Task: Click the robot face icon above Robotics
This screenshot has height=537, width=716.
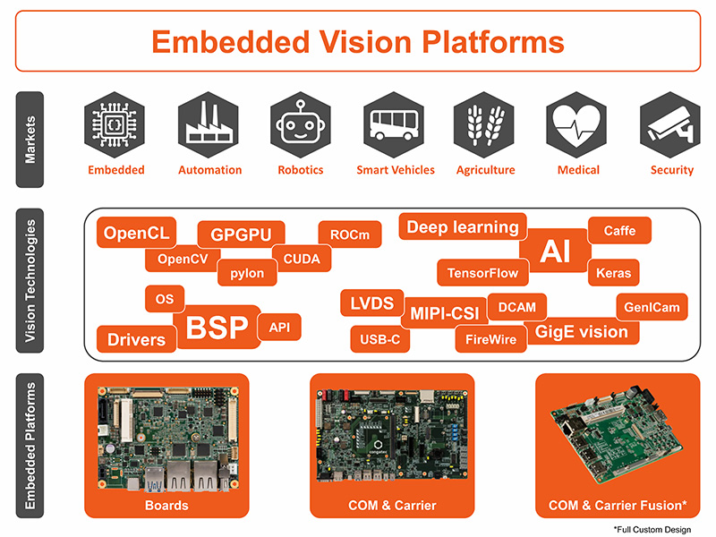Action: tap(302, 126)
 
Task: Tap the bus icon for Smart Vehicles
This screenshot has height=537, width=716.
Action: tap(395, 126)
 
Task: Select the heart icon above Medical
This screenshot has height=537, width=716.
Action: tap(578, 126)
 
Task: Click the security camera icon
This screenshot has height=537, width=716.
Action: tap(671, 126)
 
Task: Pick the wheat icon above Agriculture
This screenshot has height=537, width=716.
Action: tap(485, 126)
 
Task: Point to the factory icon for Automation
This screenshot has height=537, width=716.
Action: tap(209, 126)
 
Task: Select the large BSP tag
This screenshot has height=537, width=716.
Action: tap(217, 328)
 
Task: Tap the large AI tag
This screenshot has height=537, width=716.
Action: tap(555, 252)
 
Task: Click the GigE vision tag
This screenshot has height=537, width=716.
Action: tap(582, 332)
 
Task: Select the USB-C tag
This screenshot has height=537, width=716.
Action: tap(379, 340)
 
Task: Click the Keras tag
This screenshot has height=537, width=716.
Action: tap(613, 273)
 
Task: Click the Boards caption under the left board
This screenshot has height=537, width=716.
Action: tap(166, 506)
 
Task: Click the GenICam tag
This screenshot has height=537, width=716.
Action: tap(652, 307)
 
